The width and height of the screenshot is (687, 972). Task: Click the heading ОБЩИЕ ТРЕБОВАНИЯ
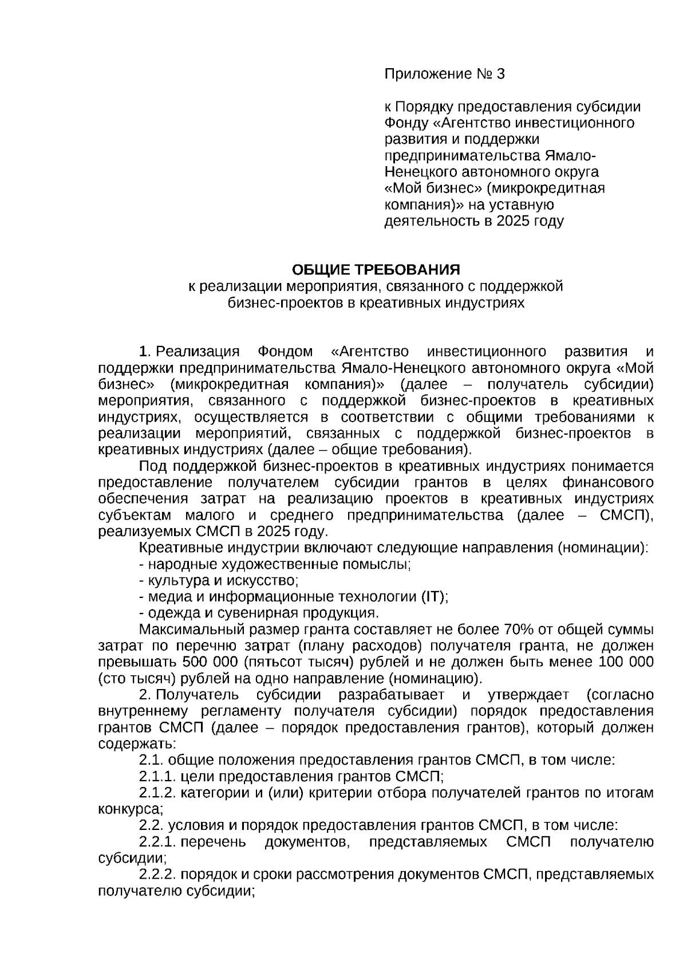click(x=376, y=269)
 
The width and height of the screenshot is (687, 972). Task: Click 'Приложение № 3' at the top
click(x=445, y=74)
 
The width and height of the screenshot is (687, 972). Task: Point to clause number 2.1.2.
click(x=157, y=793)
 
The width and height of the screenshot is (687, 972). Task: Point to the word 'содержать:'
click(x=137, y=744)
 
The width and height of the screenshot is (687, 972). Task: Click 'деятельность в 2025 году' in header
click(x=473, y=221)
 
